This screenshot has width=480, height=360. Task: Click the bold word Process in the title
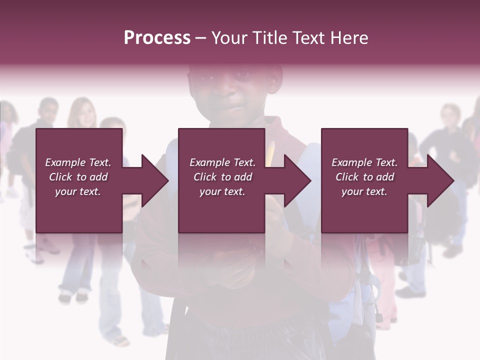pos(157,38)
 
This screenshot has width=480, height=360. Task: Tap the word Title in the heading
pos(267,38)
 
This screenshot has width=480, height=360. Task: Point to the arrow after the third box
pos(431,180)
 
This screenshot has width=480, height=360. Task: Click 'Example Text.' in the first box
pos(78,162)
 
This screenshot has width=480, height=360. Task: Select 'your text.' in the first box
pos(78,191)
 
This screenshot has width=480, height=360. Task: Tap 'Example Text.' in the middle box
pos(222,162)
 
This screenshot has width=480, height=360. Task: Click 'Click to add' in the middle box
pos(222,177)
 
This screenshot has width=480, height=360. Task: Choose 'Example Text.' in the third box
pos(364,162)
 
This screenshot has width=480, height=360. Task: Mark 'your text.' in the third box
pos(364,191)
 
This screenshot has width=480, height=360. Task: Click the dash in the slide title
pos(201,38)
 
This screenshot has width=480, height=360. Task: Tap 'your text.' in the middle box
pos(222,191)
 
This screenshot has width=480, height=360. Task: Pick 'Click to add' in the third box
pos(364,177)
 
